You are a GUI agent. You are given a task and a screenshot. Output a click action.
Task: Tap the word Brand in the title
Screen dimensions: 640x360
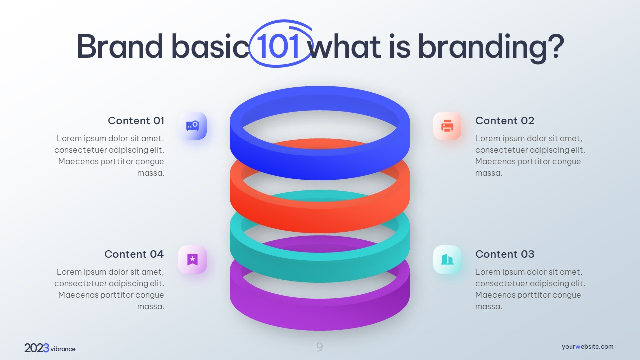(x=120, y=46)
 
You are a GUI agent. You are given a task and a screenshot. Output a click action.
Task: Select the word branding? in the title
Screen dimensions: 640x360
(x=491, y=48)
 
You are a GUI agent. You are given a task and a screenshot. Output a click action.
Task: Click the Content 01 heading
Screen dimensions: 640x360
(x=136, y=121)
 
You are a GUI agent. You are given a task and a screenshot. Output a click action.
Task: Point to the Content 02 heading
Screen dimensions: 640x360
(x=505, y=121)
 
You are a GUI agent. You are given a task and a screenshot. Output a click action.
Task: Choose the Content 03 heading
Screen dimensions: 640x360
(x=505, y=254)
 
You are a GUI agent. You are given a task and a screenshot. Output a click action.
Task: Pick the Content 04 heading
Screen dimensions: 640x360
(x=134, y=254)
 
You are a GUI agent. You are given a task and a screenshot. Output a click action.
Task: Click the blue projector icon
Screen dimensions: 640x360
(x=193, y=126)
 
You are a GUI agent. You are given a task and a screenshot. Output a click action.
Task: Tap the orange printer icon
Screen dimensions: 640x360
(x=447, y=126)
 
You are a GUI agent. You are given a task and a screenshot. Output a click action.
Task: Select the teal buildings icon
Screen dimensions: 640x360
(x=447, y=259)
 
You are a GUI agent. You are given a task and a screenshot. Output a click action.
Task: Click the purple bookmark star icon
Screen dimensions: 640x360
(x=193, y=259)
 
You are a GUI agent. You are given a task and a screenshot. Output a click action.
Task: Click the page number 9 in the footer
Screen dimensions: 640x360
(x=319, y=347)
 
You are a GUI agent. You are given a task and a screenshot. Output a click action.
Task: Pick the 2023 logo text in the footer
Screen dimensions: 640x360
(x=37, y=348)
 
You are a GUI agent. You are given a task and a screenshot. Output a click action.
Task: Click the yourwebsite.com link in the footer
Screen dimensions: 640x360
(x=587, y=347)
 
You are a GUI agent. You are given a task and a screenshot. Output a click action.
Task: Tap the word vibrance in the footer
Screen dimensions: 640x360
(x=63, y=349)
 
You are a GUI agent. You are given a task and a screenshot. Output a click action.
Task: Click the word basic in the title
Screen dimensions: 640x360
(x=210, y=46)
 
